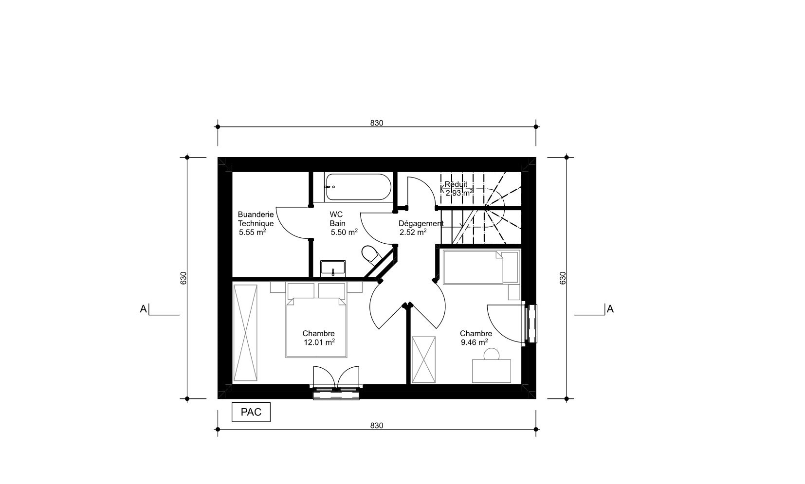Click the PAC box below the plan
(251, 412)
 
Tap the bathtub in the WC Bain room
(358, 187)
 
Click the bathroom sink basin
(333, 268)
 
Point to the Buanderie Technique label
(256, 219)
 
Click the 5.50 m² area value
(344, 232)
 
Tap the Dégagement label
(421, 223)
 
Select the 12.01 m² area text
(319, 342)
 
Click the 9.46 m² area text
(475, 342)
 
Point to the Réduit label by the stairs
(456, 184)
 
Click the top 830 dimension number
(377, 123)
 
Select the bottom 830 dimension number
(377, 426)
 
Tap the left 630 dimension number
(183, 278)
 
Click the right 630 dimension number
(563, 278)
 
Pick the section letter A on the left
(144, 309)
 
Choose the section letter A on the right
(610, 309)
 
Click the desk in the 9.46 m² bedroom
(491, 371)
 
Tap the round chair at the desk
(491, 354)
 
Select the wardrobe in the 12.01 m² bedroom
(245, 333)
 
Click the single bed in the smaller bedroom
(481, 267)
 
